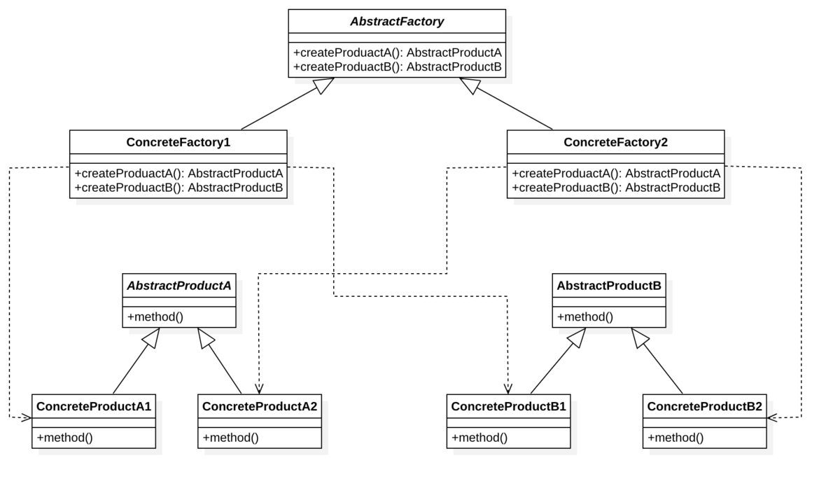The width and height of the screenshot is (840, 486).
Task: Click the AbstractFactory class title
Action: click(397, 22)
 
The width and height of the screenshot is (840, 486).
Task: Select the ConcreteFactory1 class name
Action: click(178, 142)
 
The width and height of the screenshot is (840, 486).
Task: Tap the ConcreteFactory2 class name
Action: click(615, 142)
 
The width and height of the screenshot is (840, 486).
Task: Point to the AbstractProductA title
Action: click(178, 286)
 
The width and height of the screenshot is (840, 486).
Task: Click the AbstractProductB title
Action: click(608, 286)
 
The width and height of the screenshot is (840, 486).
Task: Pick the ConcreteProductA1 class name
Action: click(94, 406)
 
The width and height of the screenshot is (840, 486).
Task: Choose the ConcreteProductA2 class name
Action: click(259, 406)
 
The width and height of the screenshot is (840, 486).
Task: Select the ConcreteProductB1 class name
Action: click(508, 406)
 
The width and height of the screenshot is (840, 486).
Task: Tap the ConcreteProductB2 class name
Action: click(704, 406)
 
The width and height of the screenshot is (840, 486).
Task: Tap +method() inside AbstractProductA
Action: click(155, 317)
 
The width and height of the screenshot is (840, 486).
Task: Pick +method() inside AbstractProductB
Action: click(584, 317)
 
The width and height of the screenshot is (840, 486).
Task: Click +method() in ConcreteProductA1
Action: click(64, 438)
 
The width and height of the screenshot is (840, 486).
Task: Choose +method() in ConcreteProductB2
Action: click(675, 438)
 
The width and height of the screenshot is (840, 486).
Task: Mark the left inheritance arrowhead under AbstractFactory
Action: click(323, 85)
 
